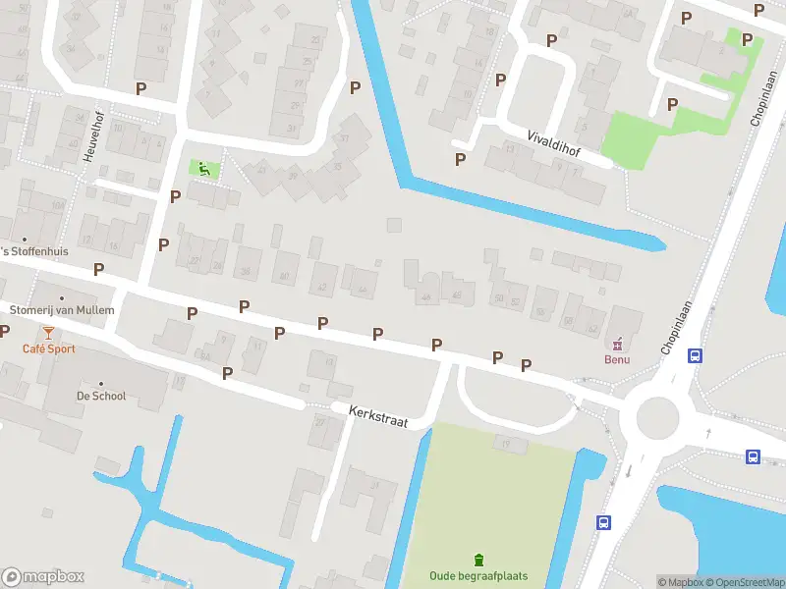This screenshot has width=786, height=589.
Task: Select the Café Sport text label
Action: pos(49,349)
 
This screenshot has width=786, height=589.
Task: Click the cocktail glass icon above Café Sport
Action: pos(48,333)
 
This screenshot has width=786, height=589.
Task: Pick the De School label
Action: pos(100,397)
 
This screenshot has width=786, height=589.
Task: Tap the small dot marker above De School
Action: pos(100,383)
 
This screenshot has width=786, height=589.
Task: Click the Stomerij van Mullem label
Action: pos(61,310)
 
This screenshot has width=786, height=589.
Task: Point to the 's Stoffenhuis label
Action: pos(34,251)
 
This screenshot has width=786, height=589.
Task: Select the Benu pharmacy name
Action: pos(617,359)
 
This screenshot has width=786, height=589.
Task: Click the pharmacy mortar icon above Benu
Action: pos(618,344)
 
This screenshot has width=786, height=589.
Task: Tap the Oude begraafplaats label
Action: pos(478,576)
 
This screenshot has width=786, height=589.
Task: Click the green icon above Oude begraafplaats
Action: pos(479,560)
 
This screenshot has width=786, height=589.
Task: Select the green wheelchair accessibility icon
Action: pos(204,169)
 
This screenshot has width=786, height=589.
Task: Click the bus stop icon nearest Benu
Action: pos(695,356)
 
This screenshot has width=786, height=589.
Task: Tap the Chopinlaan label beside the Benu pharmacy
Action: pos(677,329)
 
